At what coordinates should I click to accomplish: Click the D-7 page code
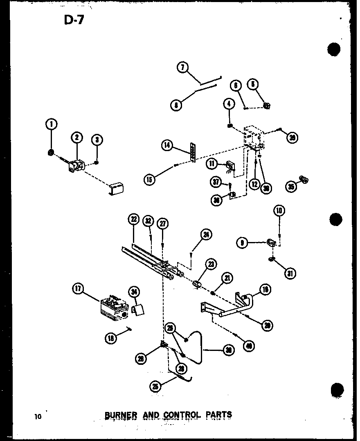74,19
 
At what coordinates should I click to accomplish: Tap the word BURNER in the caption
121,414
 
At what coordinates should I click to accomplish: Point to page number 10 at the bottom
38,416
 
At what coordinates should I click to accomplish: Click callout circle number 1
52,124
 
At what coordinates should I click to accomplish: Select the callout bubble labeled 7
183,67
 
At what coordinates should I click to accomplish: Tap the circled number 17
78,289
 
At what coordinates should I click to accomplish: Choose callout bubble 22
133,219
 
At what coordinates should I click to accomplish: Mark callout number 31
291,273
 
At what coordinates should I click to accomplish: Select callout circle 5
253,85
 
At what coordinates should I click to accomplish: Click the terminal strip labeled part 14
191,153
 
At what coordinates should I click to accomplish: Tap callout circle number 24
206,235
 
